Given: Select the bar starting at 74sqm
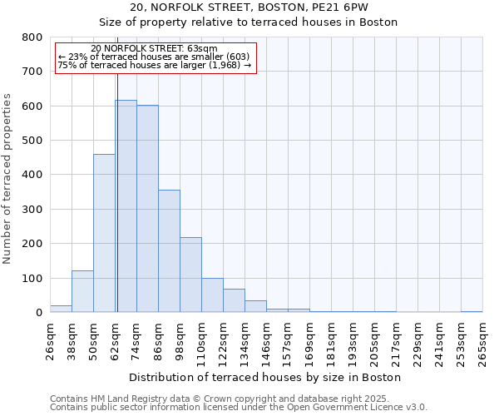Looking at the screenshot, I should click(147, 209).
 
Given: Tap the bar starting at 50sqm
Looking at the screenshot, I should click(104, 233).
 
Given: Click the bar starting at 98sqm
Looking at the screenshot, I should click(190, 275).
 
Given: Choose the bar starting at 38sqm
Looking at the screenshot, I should click(82, 291).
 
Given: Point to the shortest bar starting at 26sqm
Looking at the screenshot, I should click(61, 309).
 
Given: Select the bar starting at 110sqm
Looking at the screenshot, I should click(212, 295).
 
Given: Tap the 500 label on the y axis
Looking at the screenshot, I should click(33, 141).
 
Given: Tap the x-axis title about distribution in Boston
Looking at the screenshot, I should click(265, 377).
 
